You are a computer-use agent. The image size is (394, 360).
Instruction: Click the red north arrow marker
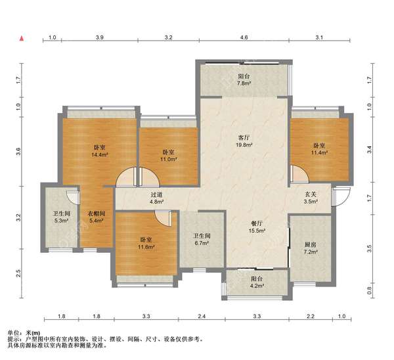click(x=22, y=39)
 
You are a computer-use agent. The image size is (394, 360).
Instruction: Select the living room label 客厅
click(x=244, y=138)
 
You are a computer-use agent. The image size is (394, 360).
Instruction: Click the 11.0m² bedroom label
click(x=168, y=156)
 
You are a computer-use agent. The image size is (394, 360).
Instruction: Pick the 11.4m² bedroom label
click(x=319, y=149)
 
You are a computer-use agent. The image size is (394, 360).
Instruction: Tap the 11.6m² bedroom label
click(x=146, y=243)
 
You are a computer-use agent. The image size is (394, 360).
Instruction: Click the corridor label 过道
click(x=157, y=194)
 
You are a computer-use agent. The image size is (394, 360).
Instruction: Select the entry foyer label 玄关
click(x=311, y=194)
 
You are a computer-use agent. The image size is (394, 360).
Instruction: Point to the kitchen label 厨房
click(x=311, y=244)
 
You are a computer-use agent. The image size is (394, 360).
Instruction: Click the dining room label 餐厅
click(x=257, y=223)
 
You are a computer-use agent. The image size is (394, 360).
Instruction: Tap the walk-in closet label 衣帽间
click(x=97, y=214)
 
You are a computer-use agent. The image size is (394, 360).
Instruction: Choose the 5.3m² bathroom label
click(x=61, y=217)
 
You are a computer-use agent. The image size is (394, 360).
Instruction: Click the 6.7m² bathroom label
click(x=202, y=240)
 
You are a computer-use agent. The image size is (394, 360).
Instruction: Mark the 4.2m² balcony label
click(x=257, y=282)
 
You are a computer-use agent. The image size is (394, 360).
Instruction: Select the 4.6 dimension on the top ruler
click(x=244, y=37)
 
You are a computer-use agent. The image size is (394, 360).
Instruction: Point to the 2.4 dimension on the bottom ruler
click(x=202, y=316)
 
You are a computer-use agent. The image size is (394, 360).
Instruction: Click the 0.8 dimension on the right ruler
click(x=369, y=290)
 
